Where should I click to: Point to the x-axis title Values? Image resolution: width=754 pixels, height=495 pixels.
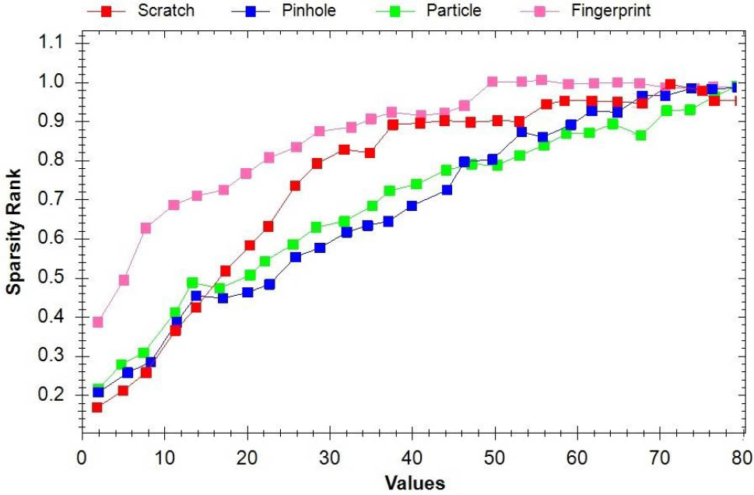tap(415, 483)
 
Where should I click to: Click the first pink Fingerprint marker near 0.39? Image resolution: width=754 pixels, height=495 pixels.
tap(97, 321)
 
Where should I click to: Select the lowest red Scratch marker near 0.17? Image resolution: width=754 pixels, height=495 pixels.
tap(97, 407)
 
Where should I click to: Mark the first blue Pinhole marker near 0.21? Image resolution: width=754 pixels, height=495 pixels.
tap(98, 392)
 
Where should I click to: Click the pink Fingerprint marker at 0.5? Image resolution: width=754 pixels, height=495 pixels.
tap(124, 279)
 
